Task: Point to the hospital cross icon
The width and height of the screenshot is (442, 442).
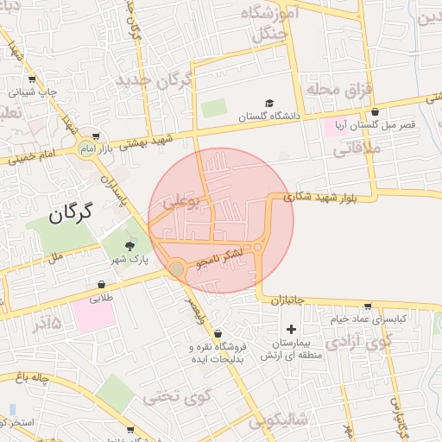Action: [291, 329]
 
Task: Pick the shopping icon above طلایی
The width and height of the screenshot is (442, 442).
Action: [102, 284]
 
